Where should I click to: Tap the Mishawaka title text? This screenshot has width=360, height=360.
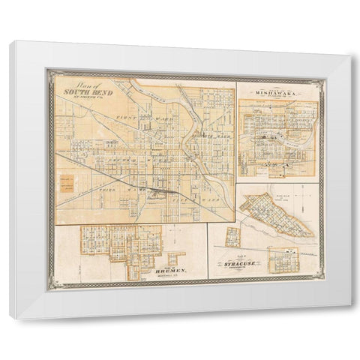pos(277,93)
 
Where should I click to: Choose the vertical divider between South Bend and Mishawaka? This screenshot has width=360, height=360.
pos(236,150)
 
